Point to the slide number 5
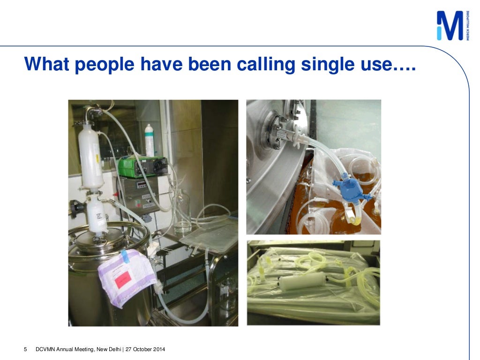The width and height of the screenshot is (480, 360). pyautogui.click(x=26, y=350)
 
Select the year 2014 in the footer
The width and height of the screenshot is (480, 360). pyautogui.click(x=158, y=350)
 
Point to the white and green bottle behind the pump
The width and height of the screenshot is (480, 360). pyautogui.click(x=149, y=140)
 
